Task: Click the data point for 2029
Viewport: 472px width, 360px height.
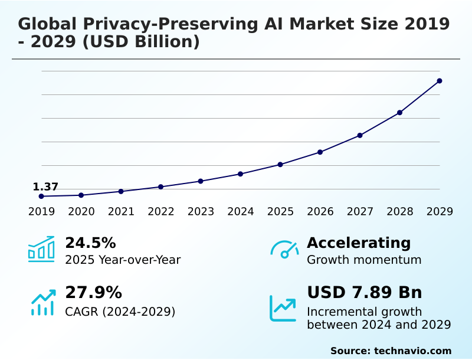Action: [x=440, y=81]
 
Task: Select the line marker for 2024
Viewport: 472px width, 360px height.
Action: [x=241, y=174]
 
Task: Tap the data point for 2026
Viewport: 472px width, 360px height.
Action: [x=320, y=152]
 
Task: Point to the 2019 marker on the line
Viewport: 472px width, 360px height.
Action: [x=41, y=196]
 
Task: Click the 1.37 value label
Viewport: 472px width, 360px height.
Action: [x=45, y=187]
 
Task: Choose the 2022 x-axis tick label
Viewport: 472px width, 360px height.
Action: [x=161, y=212]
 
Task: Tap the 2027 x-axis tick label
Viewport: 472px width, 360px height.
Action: [x=360, y=212]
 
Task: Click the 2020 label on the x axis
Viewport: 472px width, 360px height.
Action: [x=81, y=212]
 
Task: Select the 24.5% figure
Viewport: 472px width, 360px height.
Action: [x=90, y=243]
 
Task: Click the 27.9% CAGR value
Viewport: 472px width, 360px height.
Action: [x=93, y=293]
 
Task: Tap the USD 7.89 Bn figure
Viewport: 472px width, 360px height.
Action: [x=365, y=293]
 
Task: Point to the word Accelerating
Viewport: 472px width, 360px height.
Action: [x=359, y=243]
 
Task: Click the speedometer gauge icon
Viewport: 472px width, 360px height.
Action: [x=284, y=250]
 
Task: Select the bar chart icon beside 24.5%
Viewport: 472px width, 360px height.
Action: [x=41, y=250]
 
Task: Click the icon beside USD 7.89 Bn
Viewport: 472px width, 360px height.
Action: [x=283, y=308]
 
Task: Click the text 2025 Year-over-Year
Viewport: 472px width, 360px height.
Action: [x=123, y=260]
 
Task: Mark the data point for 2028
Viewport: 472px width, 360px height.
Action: [x=399, y=113]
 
